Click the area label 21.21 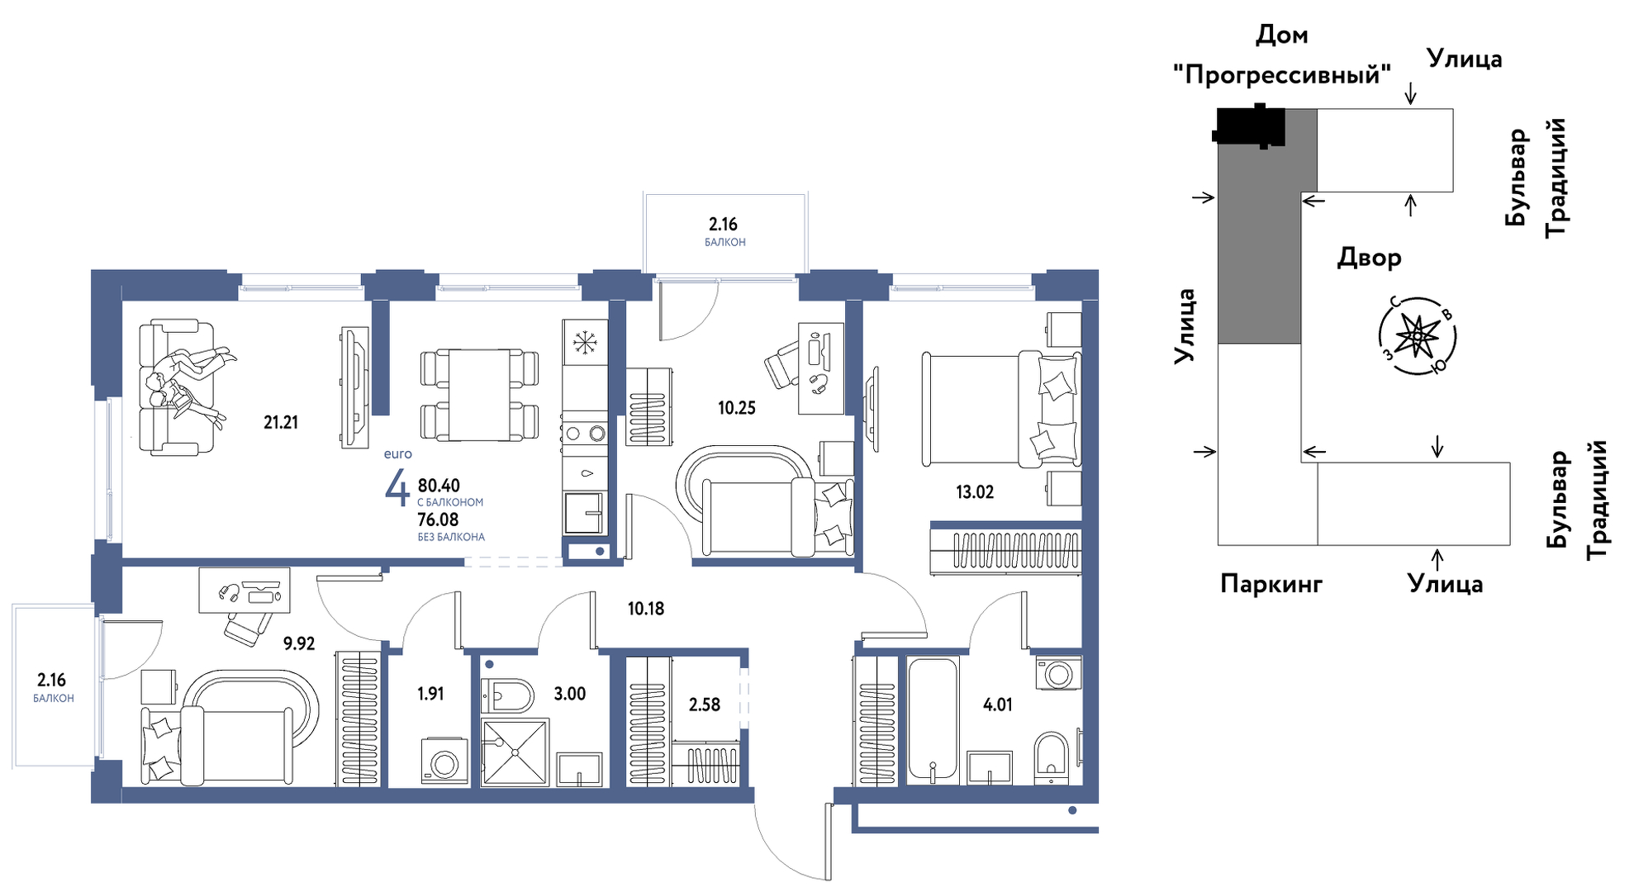[x=281, y=423]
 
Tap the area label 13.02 [x=975, y=492]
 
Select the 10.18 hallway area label [x=646, y=609]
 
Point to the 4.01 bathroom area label [x=998, y=705]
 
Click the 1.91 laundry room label [x=430, y=694]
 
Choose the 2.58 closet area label [x=705, y=705]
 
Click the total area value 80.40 [x=439, y=486]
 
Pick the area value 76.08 [x=438, y=520]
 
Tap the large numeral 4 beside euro [x=397, y=487]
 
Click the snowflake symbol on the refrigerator [x=585, y=342]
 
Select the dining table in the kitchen [x=479, y=395]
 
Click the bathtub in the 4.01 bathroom [x=933, y=719]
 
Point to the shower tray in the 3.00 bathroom [x=515, y=752]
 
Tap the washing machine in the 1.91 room [x=444, y=761]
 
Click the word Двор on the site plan [x=1370, y=258]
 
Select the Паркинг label [x=1271, y=584]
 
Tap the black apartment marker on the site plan [x=1250, y=126]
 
